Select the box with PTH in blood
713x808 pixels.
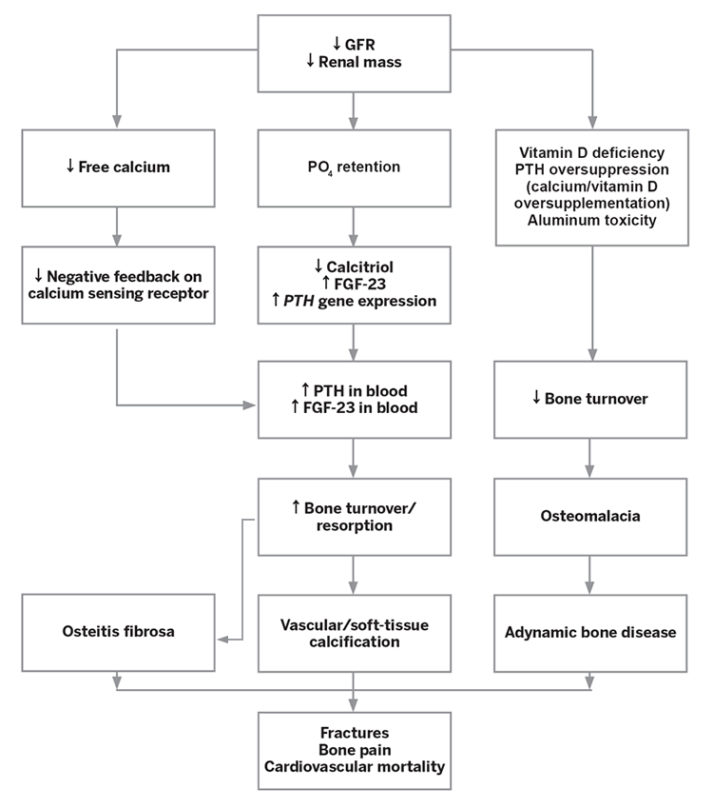[x=354, y=399]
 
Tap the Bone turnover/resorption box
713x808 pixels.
[x=354, y=517]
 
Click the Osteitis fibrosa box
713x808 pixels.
[x=117, y=633]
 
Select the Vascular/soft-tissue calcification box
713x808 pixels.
[x=354, y=633]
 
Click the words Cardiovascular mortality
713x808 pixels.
[x=354, y=764]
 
